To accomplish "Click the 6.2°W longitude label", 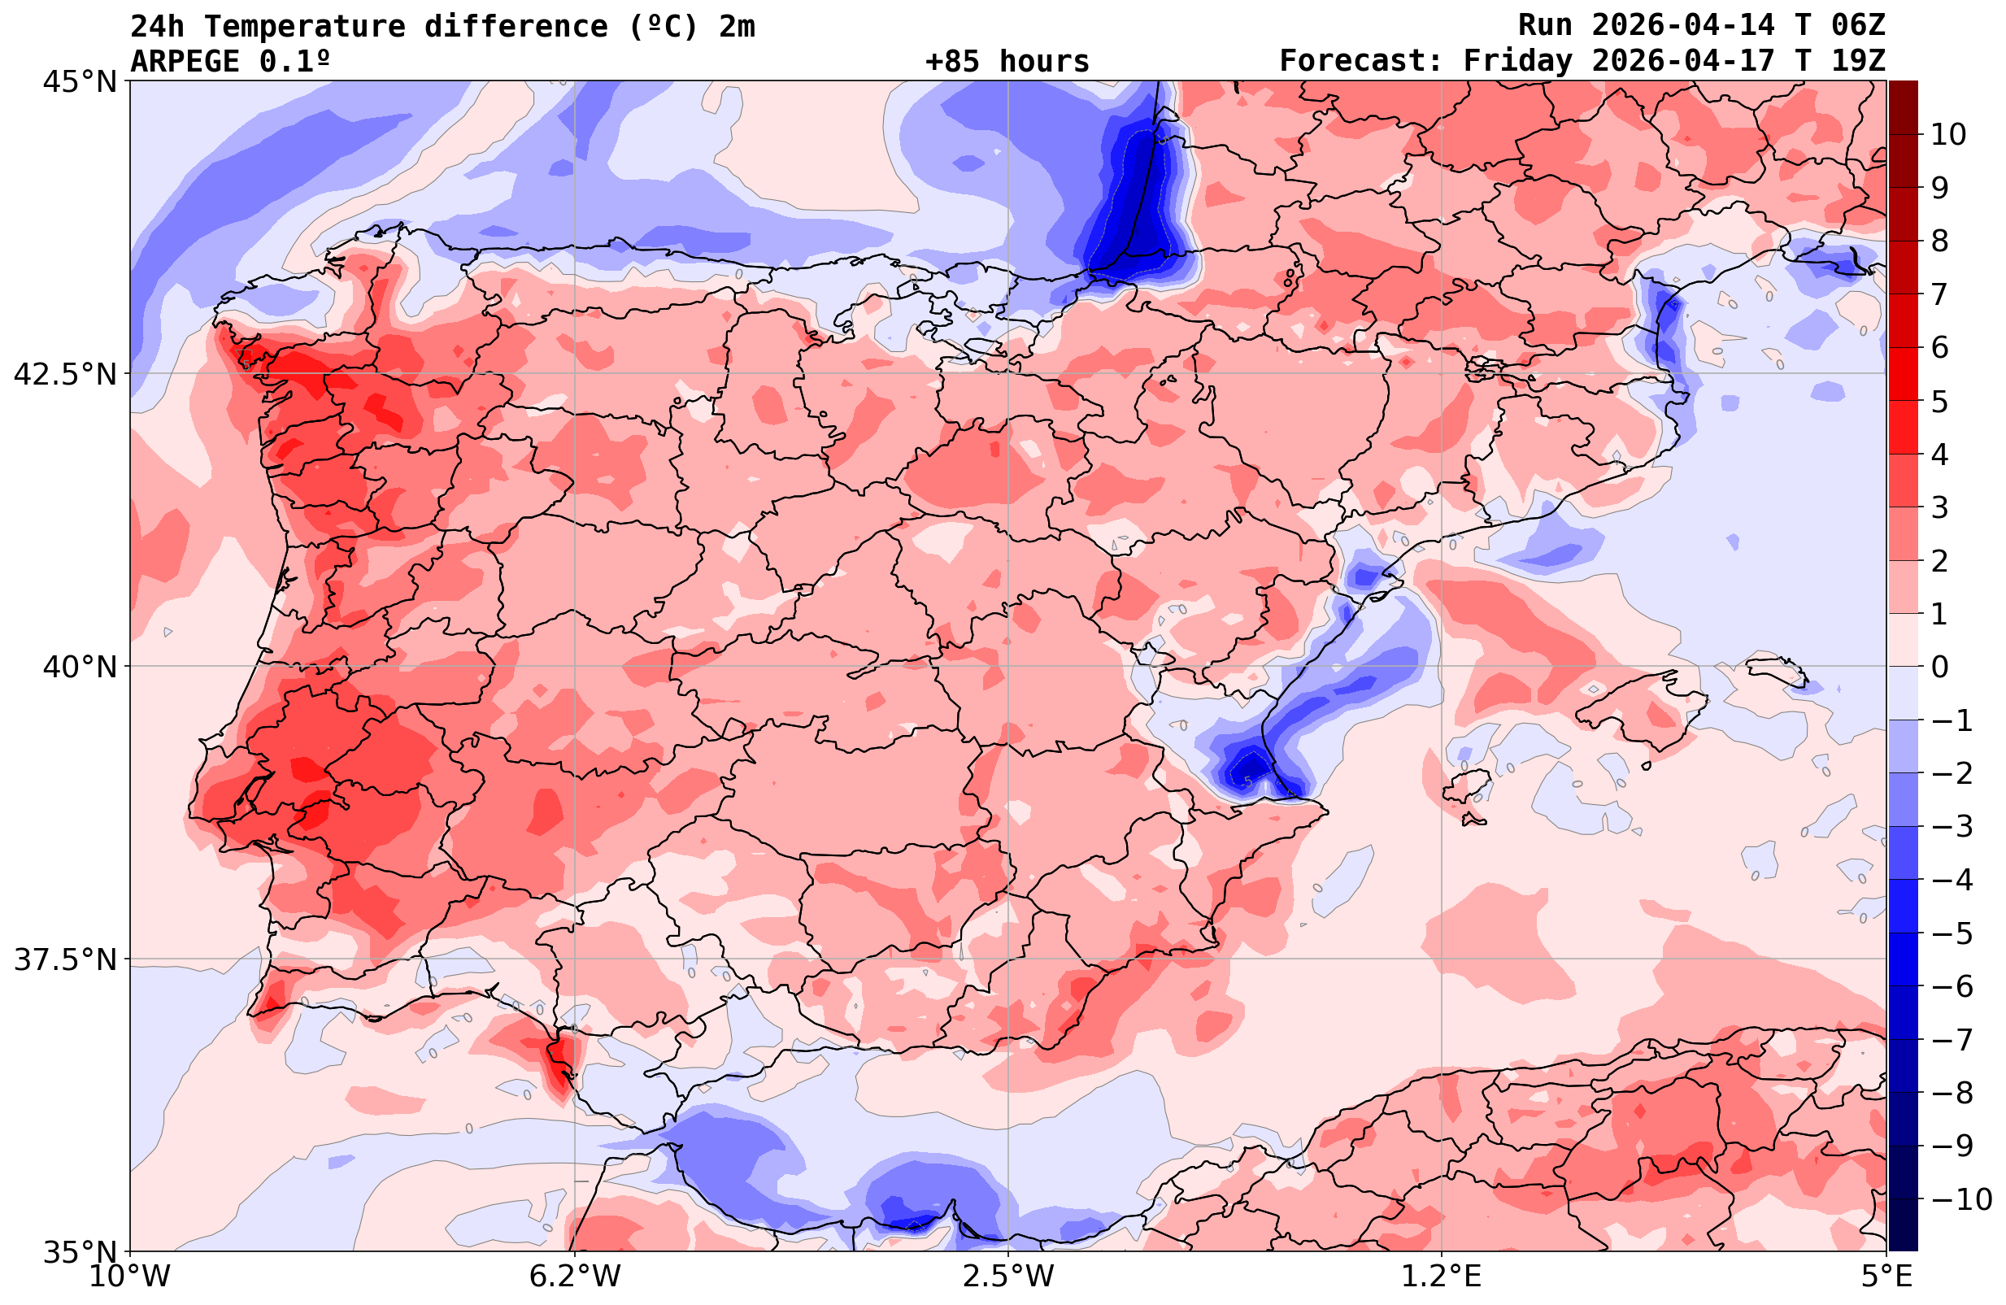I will click(x=575, y=1277).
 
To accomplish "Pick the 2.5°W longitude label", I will click(x=1008, y=1277).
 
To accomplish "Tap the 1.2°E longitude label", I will click(x=1442, y=1277).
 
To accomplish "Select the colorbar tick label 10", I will click(x=1949, y=134).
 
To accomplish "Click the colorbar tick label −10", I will click(x=1960, y=1198).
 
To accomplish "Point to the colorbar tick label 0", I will click(x=1939, y=667).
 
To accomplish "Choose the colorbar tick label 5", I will click(x=1939, y=402).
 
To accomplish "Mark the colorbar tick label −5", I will click(x=1952, y=933).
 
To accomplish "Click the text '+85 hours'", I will click(x=1007, y=62).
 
